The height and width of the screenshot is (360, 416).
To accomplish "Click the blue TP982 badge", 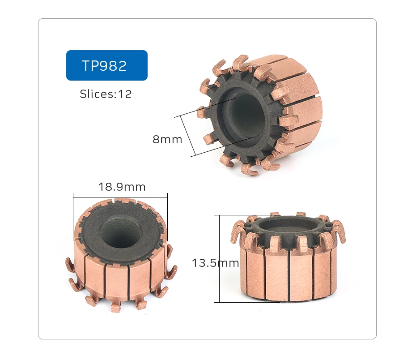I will pos(106,65).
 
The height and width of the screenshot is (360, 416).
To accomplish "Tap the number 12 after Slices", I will pos(125,94).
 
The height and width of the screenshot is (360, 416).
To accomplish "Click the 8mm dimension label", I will pos(167,139).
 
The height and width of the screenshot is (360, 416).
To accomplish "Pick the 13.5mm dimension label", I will pos(215,263).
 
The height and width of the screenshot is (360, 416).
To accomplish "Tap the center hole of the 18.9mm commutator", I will pos(120,233).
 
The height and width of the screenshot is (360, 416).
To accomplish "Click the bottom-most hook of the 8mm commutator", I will pos(249,170).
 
